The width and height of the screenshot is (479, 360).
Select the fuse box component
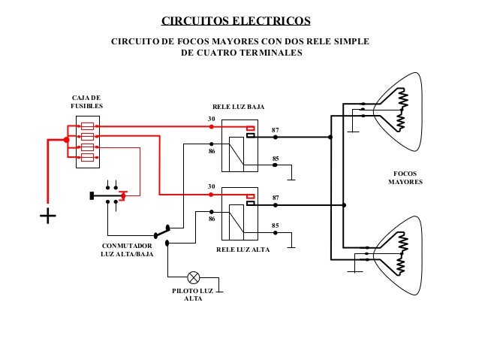(x=88, y=142)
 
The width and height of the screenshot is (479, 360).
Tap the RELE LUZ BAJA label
(x=239, y=108)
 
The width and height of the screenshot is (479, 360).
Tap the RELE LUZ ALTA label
(x=242, y=249)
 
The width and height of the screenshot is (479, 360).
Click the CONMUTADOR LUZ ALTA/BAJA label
(x=127, y=250)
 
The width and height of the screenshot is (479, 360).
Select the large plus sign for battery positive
(x=48, y=216)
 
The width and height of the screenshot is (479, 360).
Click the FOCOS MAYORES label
(x=405, y=178)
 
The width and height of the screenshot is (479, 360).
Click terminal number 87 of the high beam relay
(x=276, y=198)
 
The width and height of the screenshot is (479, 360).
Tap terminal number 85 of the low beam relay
(x=276, y=159)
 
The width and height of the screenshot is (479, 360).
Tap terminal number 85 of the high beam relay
(x=276, y=225)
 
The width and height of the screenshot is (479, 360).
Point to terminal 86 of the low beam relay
(x=211, y=151)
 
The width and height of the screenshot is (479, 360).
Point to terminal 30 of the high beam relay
(x=211, y=186)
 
